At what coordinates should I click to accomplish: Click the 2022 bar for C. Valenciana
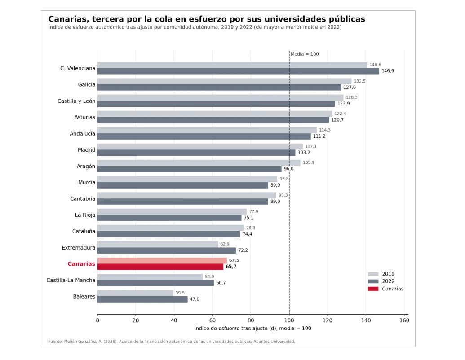[238, 71]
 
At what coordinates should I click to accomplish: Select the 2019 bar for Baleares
[135, 293]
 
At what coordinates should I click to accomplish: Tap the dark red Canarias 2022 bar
[160, 267]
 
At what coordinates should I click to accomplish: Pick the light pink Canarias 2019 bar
[162, 260]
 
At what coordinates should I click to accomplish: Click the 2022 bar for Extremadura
[167, 250]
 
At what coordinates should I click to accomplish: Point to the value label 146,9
[388, 71]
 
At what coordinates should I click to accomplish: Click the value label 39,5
[180, 293]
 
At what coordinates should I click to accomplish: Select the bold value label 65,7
[231, 266]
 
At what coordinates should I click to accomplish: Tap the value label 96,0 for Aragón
[288, 169]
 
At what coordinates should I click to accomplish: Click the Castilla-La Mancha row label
[71, 280]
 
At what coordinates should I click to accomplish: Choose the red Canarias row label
[81, 263]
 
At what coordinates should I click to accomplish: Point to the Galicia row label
[87, 84]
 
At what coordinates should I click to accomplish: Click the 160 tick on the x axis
[404, 320]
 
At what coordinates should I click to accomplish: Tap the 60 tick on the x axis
[213, 320]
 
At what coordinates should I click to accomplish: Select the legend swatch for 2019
[373, 274]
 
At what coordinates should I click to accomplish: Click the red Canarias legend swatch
[373, 289]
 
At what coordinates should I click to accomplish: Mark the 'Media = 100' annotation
[305, 54]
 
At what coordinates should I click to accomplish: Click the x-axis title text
[252, 328]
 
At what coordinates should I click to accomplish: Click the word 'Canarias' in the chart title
[68, 19]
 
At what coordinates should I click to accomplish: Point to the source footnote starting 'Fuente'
[172, 341]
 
